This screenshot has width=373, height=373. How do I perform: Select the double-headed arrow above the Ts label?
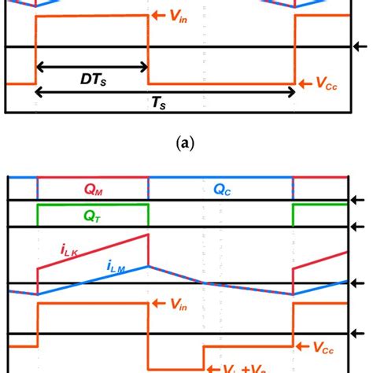165,92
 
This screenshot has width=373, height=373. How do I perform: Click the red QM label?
92,189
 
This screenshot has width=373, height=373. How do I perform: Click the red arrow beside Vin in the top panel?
157,15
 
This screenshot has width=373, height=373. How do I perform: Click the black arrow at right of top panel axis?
365,47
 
